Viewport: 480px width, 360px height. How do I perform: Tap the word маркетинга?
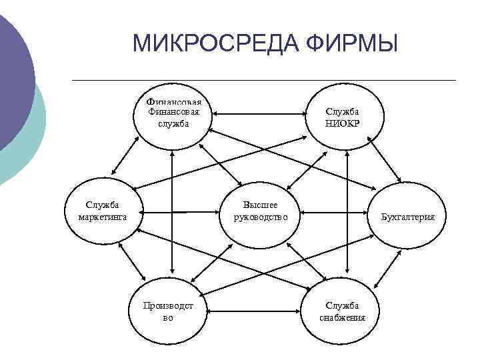pyautogui.click(x=103, y=217)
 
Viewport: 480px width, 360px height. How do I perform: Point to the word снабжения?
pyautogui.click(x=343, y=317)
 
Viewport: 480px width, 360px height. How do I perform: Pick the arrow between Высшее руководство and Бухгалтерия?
pyautogui.click(x=333, y=215)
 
